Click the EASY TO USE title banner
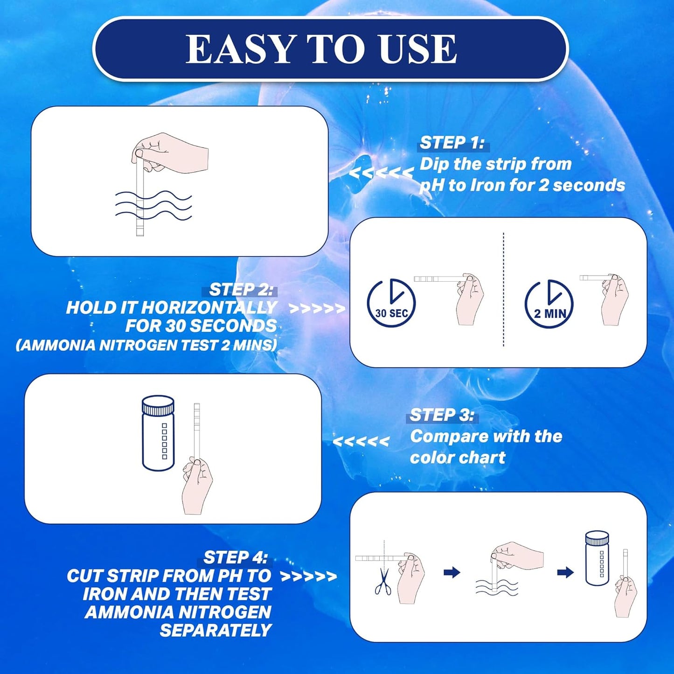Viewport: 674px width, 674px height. click(x=330, y=49)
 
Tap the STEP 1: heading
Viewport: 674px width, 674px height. click(x=452, y=143)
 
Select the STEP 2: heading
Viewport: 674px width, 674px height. click(x=241, y=290)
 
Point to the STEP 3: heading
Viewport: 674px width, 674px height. click(x=442, y=415)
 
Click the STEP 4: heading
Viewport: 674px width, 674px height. click(x=236, y=557)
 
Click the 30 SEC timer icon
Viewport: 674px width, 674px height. click(x=391, y=303)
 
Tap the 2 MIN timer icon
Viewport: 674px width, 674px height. click(x=549, y=304)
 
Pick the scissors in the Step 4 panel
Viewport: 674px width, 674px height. click(x=383, y=582)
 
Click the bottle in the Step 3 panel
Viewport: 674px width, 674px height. click(x=158, y=433)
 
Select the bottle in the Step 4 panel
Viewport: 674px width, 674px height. click(x=597, y=558)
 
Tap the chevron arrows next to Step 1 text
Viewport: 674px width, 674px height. click(x=381, y=173)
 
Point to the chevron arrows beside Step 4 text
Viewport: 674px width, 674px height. click(x=308, y=577)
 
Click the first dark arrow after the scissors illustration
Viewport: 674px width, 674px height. click(x=452, y=572)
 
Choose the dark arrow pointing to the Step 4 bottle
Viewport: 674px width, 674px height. click(x=565, y=572)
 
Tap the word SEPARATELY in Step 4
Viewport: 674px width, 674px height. click(x=215, y=631)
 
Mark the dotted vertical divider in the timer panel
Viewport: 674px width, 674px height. click(x=503, y=290)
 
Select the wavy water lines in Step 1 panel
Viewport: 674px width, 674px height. click(x=154, y=205)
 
